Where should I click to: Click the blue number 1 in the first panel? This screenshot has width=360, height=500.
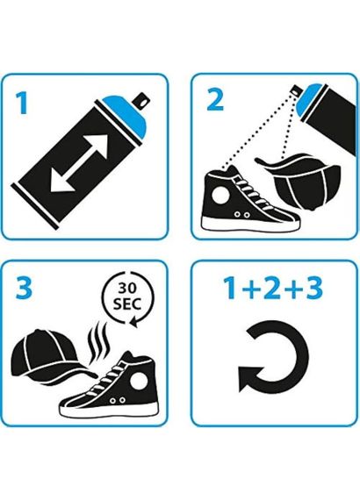click(22, 103)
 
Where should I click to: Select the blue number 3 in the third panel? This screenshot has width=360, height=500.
click(25, 288)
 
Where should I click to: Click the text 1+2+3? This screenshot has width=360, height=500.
click(273, 288)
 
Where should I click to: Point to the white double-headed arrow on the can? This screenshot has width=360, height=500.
click(80, 163)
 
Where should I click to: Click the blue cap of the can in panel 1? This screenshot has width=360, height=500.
click(126, 114)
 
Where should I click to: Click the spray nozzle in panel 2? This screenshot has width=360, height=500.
click(297, 90)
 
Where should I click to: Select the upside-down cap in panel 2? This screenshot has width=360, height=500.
click(300, 181)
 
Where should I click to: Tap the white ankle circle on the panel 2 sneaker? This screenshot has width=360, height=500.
click(220, 194)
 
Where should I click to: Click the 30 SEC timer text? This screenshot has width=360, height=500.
click(127, 296)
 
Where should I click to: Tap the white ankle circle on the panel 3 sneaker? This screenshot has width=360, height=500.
click(139, 381)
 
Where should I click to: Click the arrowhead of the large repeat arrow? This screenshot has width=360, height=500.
click(251, 378)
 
